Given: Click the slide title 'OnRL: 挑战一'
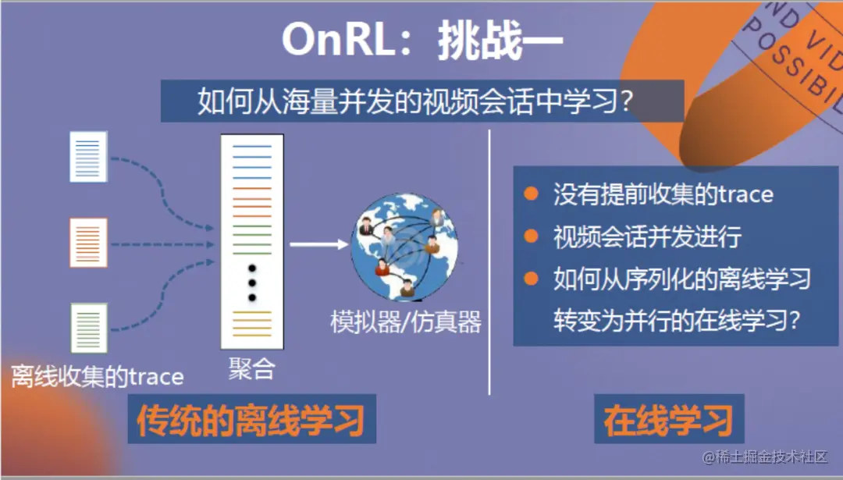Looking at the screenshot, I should coord(422,40).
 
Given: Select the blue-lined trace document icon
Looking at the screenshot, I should coord(88,157).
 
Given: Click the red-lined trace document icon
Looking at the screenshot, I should coord(88,243).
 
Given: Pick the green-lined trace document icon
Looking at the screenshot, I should coord(88,328).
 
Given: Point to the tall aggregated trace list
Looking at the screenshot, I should coord(251,241).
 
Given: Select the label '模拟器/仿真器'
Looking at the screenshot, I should coord(406,322).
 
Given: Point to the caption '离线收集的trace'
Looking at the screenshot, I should coord(98,378).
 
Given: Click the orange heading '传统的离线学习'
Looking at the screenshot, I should coord(251,421).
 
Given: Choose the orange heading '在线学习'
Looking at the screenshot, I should coord(668,421).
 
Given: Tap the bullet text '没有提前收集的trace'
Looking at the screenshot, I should coord(663,194).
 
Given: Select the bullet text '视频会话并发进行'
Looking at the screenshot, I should coord(647,236).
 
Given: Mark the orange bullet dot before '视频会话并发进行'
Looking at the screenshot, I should coord(532,236).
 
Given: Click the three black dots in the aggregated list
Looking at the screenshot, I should coord(251,283).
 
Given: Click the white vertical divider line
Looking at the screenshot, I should coord(489,261).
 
